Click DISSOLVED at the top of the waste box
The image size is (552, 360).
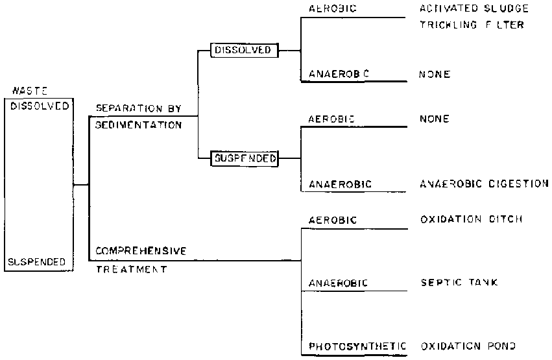coord(40,106)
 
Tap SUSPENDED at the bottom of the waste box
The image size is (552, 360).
coord(38,261)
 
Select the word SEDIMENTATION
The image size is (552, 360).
coord(138,125)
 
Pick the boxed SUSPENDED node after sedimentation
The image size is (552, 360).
coord(244,158)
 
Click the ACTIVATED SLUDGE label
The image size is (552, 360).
coord(474,9)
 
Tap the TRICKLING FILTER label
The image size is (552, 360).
coord(472,25)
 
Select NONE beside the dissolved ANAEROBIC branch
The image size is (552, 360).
coord(435,75)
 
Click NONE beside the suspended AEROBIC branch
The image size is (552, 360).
coord(435,119)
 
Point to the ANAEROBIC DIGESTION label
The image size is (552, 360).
coord(484,184)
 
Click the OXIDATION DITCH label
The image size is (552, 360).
coord(472,220)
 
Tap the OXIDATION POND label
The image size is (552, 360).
coord(470,346)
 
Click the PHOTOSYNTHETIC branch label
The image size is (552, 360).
coord(357,346)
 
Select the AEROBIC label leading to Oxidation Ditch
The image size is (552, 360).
coord(333,220)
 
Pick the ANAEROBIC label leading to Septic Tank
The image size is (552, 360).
coord(339,283)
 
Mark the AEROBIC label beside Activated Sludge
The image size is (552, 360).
coord(333,9)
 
